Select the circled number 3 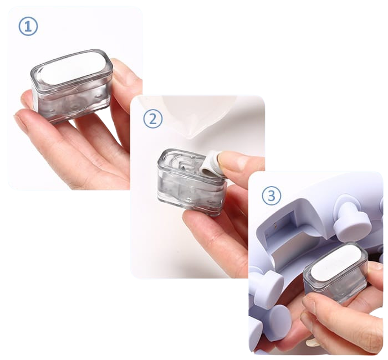point(272,196)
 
